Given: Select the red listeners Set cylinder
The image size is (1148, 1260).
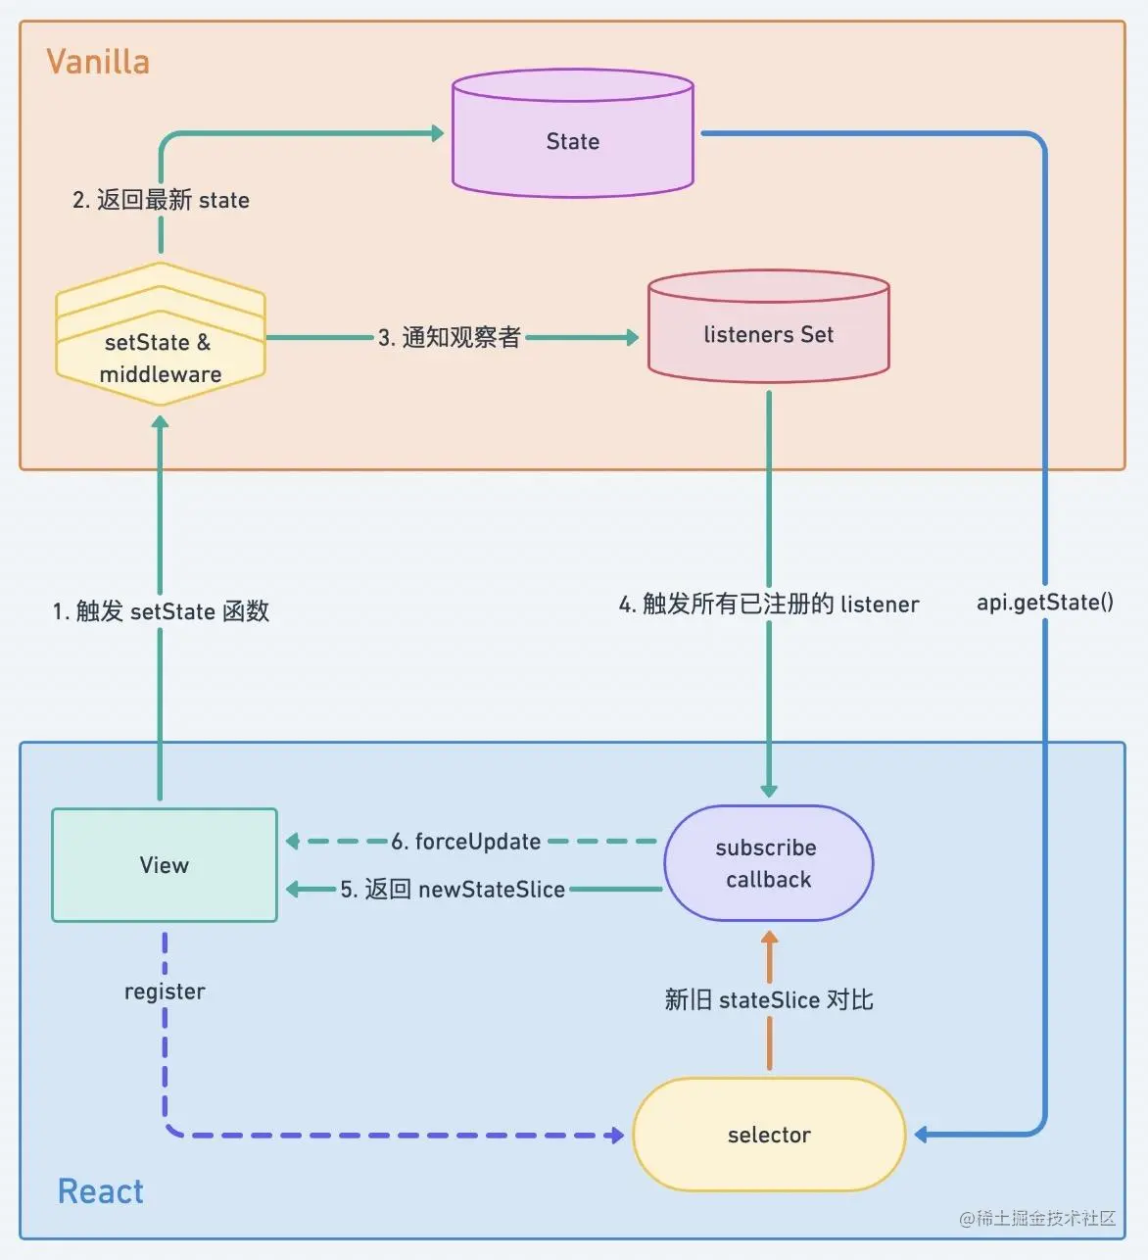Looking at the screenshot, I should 768,329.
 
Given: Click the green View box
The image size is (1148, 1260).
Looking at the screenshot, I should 165,865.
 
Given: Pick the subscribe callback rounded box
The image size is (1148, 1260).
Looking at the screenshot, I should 768,863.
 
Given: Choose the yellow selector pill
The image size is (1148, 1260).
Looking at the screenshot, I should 769,1135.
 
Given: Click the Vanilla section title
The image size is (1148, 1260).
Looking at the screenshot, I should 98,62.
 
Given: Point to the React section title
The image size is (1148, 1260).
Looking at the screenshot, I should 100,1191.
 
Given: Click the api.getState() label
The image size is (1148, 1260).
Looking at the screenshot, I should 1044,602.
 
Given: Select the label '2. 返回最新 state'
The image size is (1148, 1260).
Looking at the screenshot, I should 161,200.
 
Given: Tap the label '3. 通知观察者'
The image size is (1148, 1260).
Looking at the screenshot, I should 449,337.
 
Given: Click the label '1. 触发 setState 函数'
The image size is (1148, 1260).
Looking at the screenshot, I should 161,611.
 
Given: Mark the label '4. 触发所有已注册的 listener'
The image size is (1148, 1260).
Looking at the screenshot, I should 769,604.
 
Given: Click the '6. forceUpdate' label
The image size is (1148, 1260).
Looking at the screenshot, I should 465,842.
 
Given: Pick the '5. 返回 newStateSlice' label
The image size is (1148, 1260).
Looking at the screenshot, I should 453,890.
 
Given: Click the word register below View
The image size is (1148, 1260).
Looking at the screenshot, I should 165,992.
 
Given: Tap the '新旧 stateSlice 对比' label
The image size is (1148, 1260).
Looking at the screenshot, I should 769,999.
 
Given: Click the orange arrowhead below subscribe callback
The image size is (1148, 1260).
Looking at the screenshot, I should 769,938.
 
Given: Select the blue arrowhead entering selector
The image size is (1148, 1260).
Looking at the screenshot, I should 922,1135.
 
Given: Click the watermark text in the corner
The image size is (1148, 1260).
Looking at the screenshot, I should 1037,1218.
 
